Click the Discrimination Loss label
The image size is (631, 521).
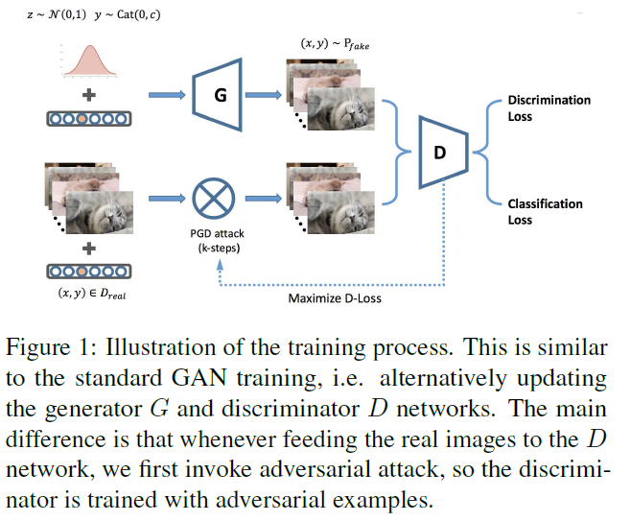(x=549, y=108)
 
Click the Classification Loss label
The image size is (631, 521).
(x=545, y=212)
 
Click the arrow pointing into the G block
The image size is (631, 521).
(x=169, y=95)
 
